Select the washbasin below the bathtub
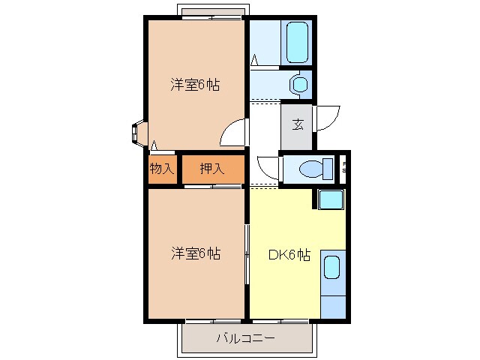point(299,84)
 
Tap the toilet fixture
point(315,170)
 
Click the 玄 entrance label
point(298,124)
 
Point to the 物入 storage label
point(161,169)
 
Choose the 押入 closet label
point(211,169)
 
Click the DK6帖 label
point(289,254)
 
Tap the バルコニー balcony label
point(245,338)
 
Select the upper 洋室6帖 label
point(195,85)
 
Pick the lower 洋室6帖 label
point(195,254)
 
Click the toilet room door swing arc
point(267,166)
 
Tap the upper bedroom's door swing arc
point(232,133)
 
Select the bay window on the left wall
point(139,133)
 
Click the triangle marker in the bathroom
point(255,59)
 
